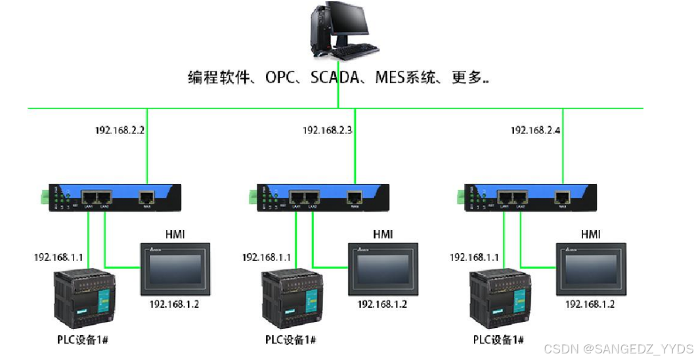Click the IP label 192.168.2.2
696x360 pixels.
pyautogui.click(x=120, y=130)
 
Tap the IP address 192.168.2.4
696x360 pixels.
pyautogui.click(x=535, y=130)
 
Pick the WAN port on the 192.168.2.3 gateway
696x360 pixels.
pyautogui.click(x=355, y=196)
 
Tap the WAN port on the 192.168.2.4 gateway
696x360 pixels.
pyautogui.click(x=563, y=196)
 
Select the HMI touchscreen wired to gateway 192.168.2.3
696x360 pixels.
pyautogui.click(x=383, y=269)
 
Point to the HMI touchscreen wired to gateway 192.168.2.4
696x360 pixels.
pyautogui.click(x=590, y=269)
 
